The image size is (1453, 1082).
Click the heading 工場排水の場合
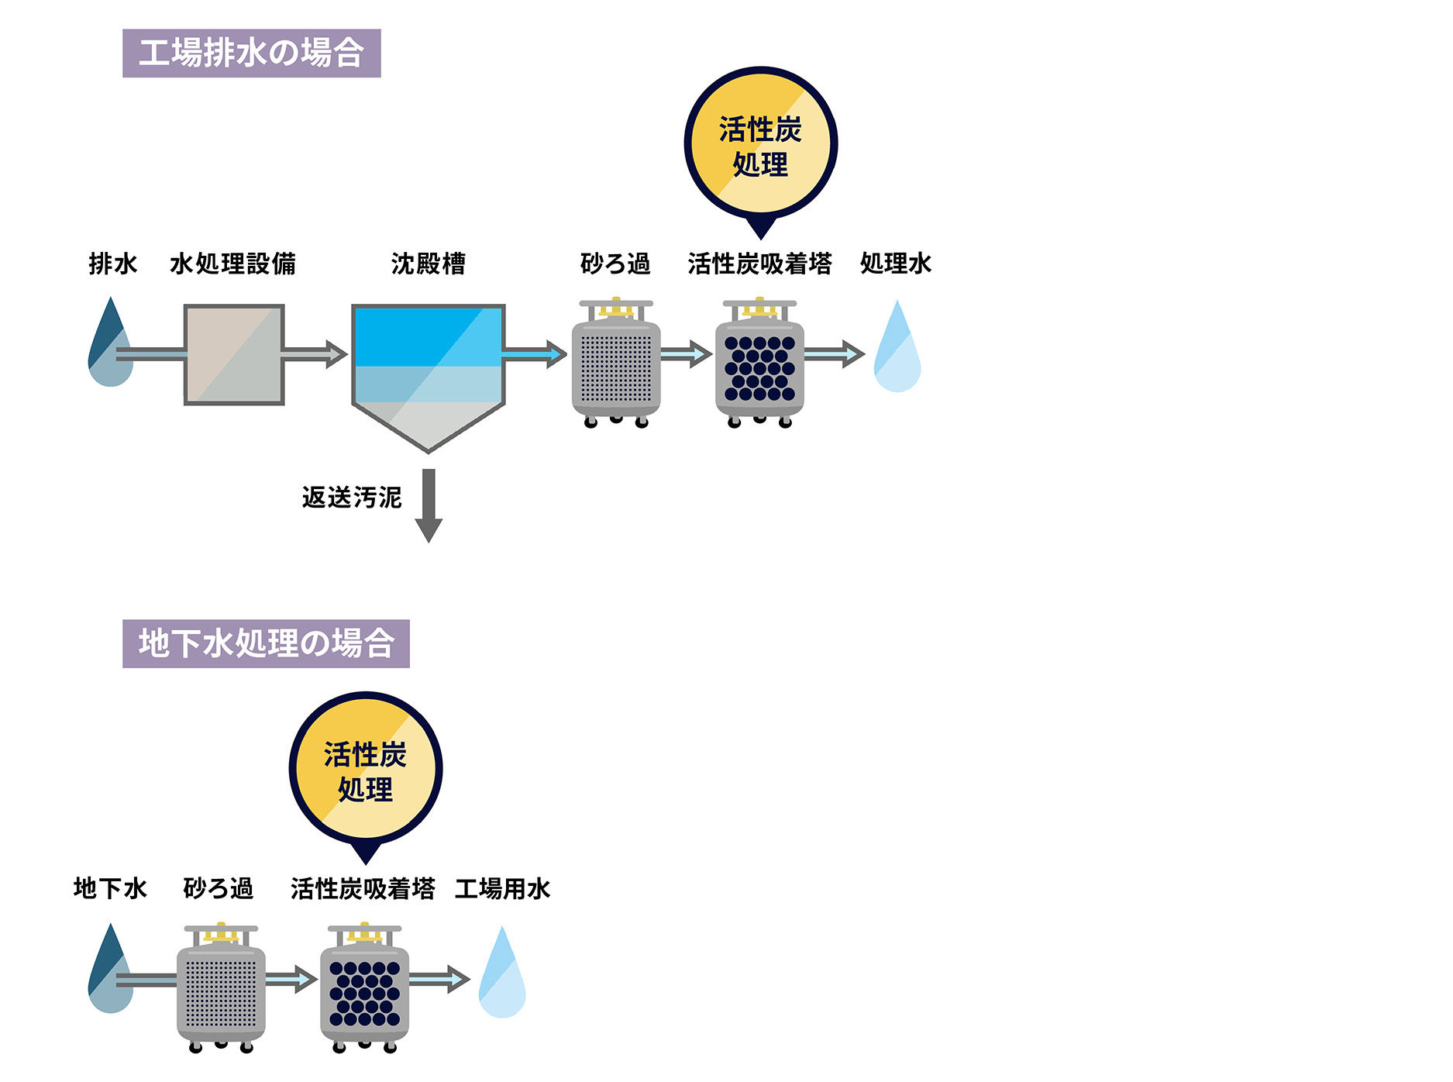[251, 53]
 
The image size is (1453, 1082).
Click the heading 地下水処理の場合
[266, 643]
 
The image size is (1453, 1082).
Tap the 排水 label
[112, 264]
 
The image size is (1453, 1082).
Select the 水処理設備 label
[232, 264]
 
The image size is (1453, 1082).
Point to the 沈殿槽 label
[428, 264]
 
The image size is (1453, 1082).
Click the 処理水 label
[895, 264]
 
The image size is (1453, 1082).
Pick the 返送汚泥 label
[352, 497]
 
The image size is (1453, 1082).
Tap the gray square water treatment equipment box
[234, 354]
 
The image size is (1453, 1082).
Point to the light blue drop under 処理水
[897, 349]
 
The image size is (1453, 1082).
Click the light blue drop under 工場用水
[502, 974]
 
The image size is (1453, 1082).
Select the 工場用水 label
[502, 888]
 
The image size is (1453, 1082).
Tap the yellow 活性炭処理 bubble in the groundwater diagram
[365, 770]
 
